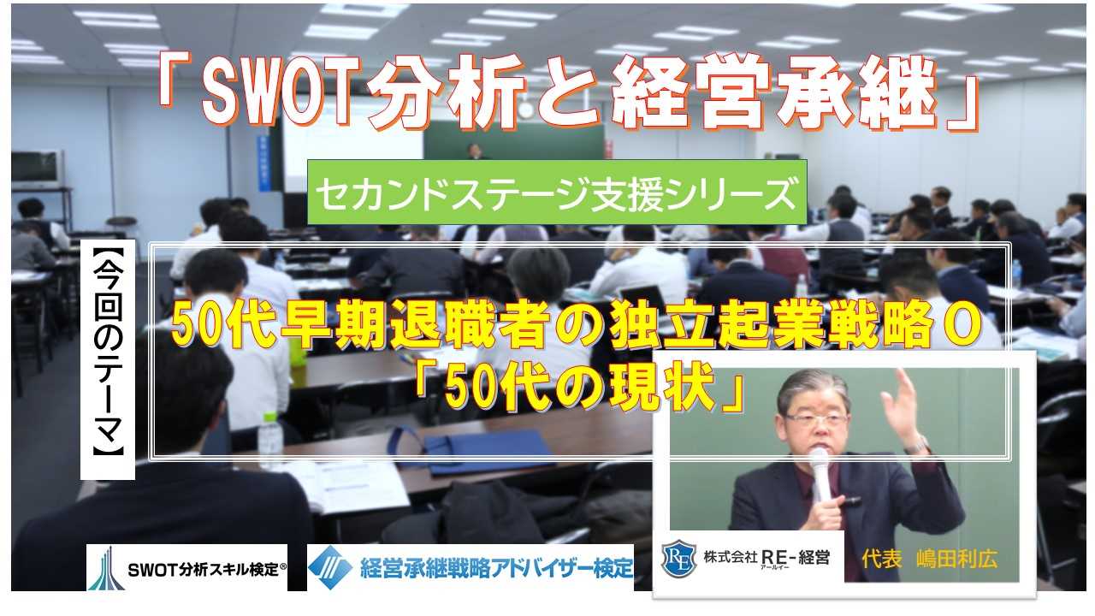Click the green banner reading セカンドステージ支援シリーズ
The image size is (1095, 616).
point(557,192)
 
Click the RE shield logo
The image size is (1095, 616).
point(679,558)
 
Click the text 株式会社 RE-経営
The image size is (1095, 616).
point(766,558)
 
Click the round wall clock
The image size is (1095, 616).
point(525,110)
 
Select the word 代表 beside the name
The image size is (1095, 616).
point(882,559)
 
